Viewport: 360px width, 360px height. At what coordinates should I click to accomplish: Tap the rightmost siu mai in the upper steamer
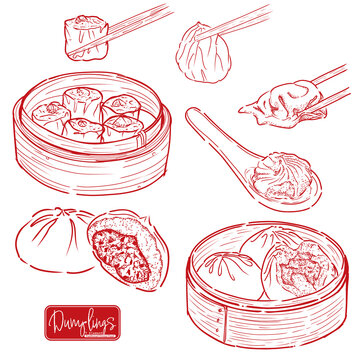tap(122, 108)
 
